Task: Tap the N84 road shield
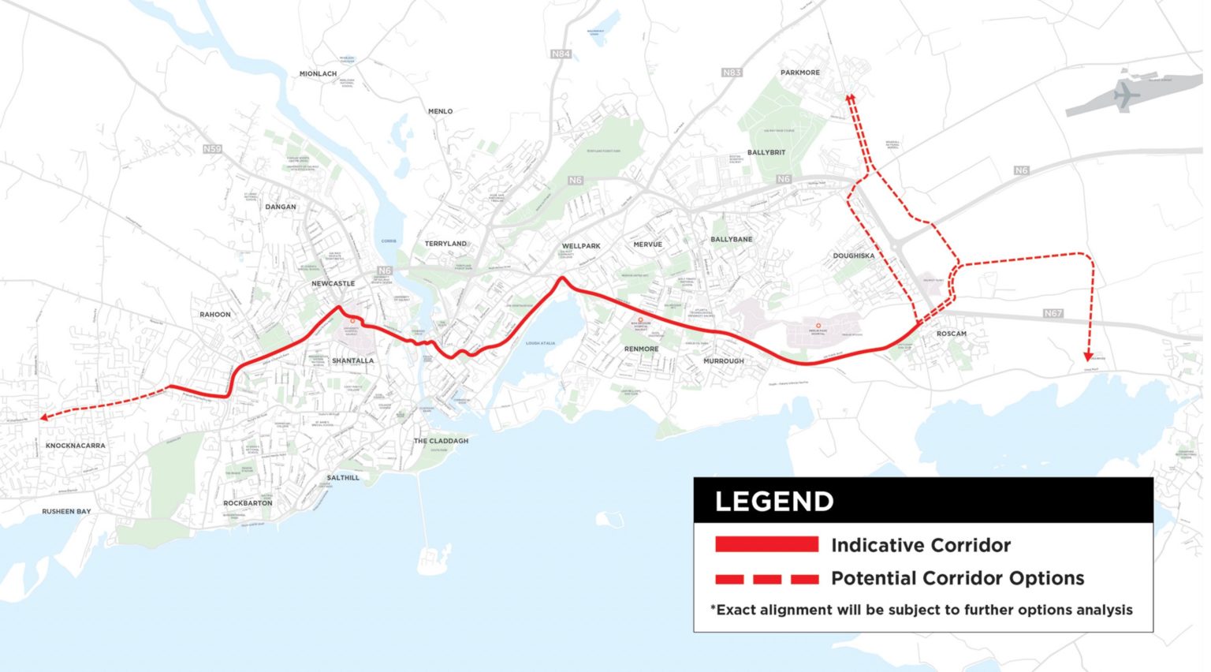[x=560, y=54]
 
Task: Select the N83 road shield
[x=732, y=73]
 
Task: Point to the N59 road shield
[x=212, y=149]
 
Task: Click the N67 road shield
[x=1053, y=313]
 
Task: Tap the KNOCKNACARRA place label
[x=75, y=446]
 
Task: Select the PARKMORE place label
[x=800, y=73]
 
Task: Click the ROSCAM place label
[x=951, y=334]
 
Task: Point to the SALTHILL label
[x=343, y=477]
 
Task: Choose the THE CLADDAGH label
[x=441, y=441]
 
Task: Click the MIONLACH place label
[x=318, y=74]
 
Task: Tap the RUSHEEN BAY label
[x=66, y=511]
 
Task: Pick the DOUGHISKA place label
[x=853, y=256]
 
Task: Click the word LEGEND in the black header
[x=773, y=502]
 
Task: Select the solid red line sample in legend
[x=766, y=544]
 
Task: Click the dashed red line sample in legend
[x=766, y=579]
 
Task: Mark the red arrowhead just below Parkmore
[x=850, y=98]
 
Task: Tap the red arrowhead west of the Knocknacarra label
[x=45, y=417]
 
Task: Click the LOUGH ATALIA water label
[x=540, y=343]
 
